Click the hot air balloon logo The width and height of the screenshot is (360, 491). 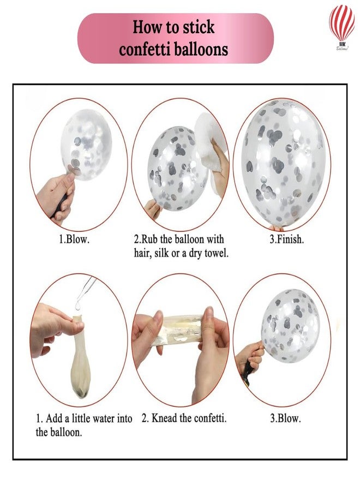[x=341, y=27]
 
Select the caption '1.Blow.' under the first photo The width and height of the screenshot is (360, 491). [x=74, y=239]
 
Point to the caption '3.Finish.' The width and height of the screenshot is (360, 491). [x=287, y=239]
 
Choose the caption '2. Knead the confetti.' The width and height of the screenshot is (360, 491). [x=184, y=418]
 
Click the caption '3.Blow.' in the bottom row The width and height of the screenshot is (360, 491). [x=285, y=418]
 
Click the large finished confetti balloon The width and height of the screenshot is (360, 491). [x=283, y=163]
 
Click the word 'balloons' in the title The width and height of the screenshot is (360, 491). [x=200, y=50]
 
